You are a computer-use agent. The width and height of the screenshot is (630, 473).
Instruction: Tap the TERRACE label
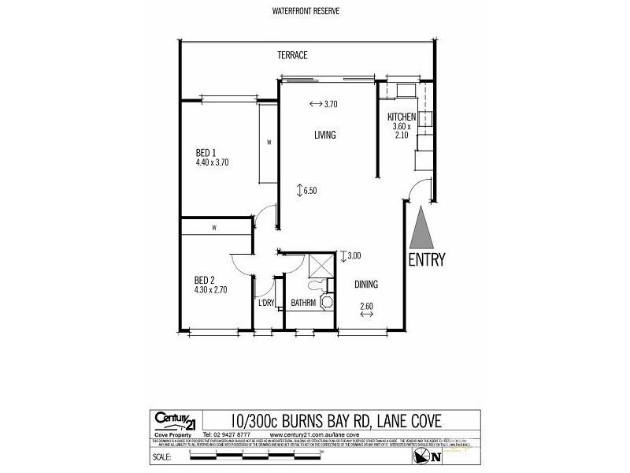coord(291,56)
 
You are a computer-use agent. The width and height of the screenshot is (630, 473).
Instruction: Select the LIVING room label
coord(324,135)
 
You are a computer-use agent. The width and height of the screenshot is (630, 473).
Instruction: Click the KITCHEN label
coord(402,117)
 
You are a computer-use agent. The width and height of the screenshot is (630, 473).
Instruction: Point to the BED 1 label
coord(206,153)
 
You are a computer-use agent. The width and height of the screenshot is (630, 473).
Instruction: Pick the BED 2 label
coord(206,279)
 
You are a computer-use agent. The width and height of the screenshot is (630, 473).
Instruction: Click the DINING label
coord(366,285)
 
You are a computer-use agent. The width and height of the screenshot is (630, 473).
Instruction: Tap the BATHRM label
coord(303,303)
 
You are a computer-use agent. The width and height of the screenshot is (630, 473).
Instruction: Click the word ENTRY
coord(426,259)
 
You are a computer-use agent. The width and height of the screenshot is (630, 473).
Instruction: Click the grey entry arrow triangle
coord(421,227)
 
